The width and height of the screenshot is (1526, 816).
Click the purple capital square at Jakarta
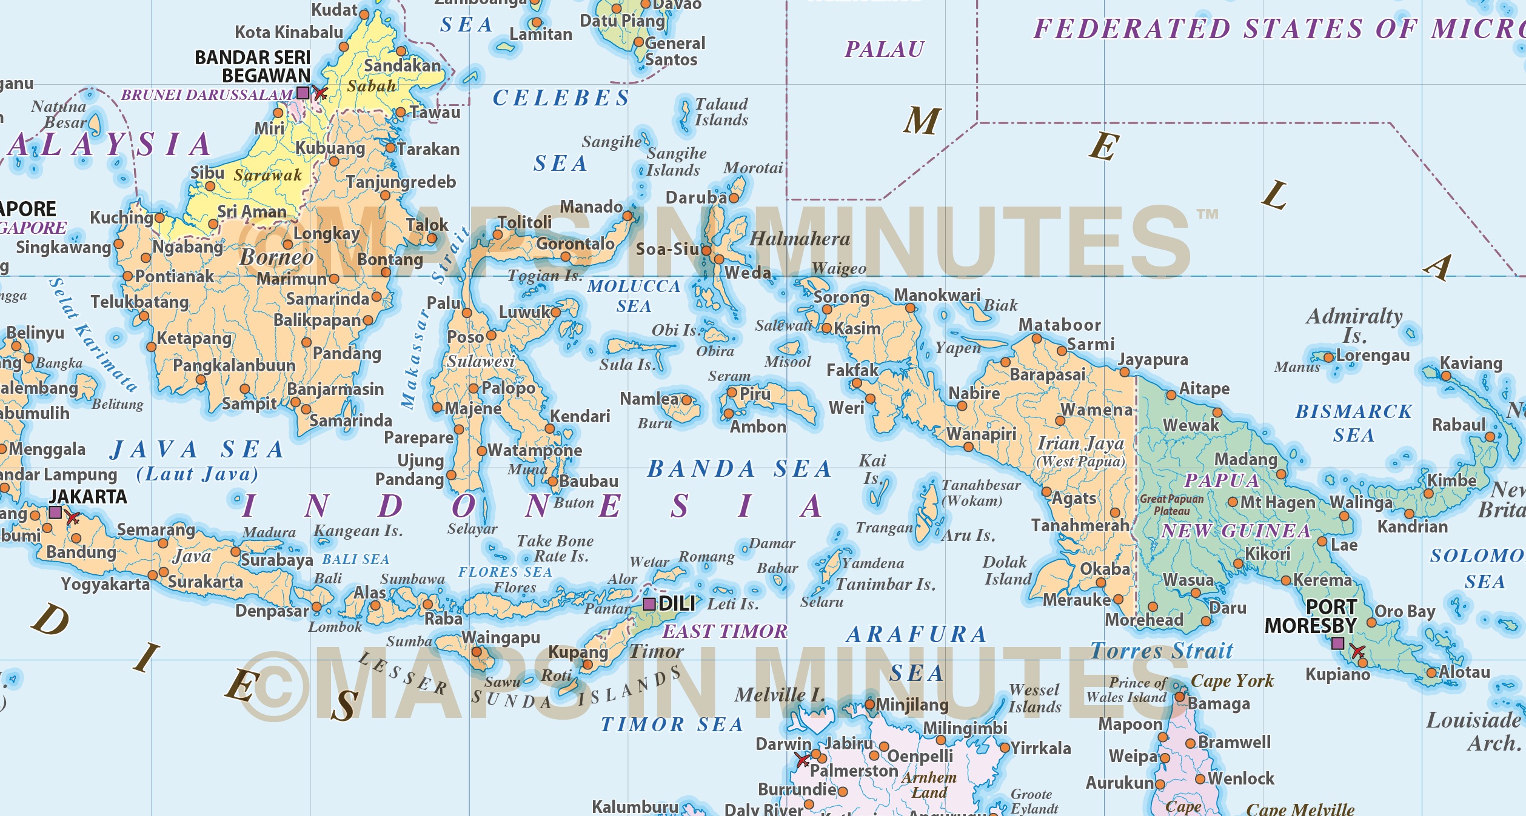click(55, 513)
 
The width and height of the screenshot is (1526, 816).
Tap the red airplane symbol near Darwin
click(803, 760)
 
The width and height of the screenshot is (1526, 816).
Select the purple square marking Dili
click(649, 604)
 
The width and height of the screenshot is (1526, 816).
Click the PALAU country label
click(885, 49)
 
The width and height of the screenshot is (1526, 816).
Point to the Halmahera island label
click(800, 239)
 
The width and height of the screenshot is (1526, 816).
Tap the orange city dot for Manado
click(627, 216)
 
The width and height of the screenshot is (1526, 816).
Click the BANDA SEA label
click(739, 469)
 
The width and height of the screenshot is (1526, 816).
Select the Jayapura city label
click(1153, 360)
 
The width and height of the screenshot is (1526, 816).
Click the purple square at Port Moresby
click(1338, 643)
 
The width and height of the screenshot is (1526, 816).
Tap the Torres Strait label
click(1162, 651)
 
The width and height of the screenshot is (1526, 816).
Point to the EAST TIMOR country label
click(725, 631)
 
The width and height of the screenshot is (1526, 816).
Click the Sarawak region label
click(268, 175)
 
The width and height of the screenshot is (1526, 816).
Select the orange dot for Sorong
click(827, 310)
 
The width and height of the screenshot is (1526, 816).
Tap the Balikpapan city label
click(317, 320)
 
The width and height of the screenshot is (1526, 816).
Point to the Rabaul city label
click(1459, 425)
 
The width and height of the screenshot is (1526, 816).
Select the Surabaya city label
click(277, 560)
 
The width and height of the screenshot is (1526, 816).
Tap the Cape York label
click(1232, 681)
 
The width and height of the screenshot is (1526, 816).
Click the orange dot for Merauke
click(1119, 600)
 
